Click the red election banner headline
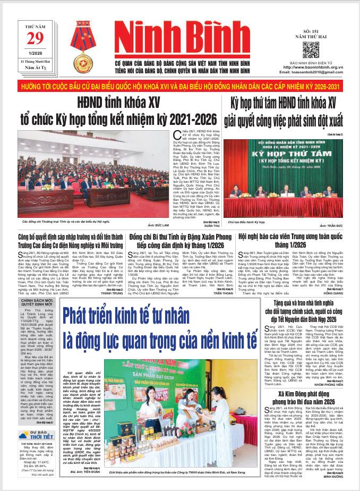click(x=180, y=86)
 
